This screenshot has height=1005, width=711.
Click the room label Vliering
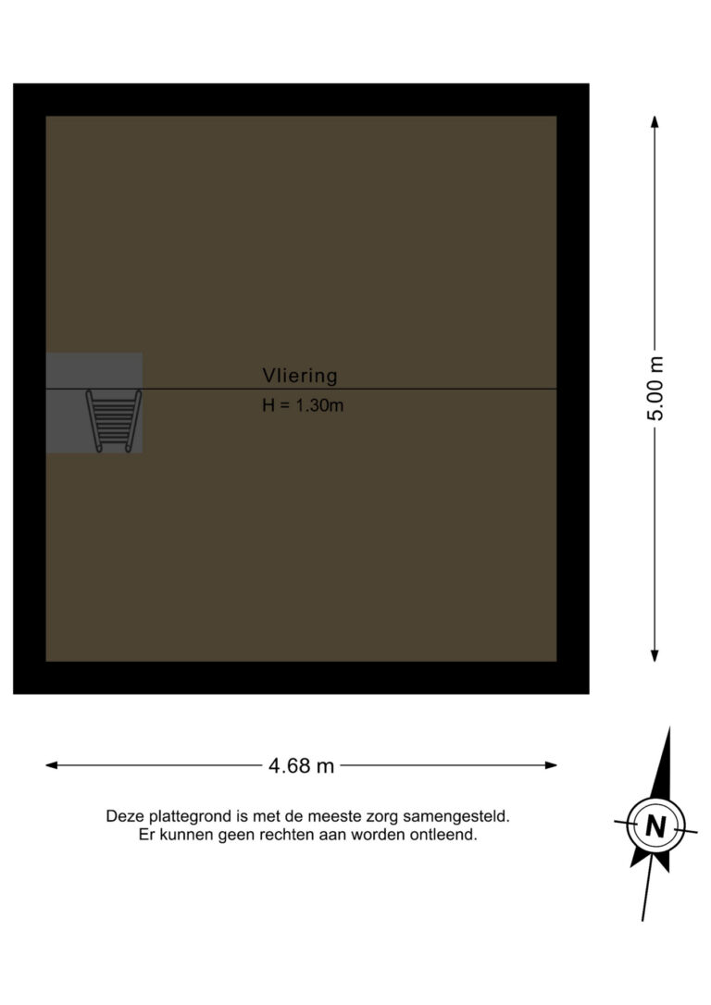(300, 376)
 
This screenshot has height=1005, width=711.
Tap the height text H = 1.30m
(303, 405)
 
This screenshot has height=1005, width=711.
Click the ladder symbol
(113, 421)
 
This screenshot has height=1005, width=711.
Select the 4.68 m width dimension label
(301, 765)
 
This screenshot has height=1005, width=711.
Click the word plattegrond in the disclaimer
(188, 817)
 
